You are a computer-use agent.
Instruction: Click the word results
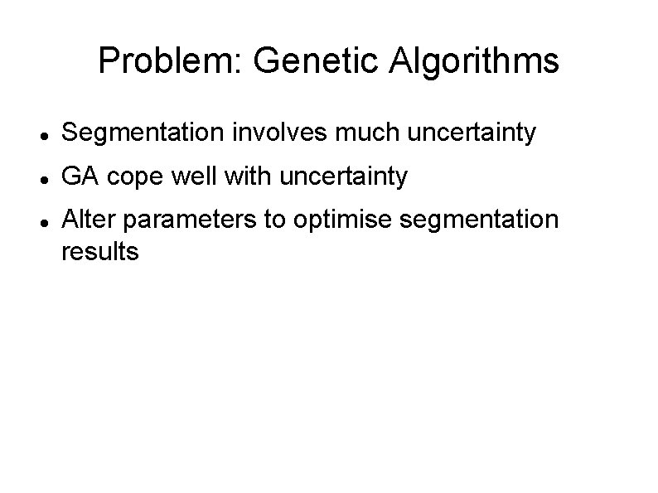point(100,251)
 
